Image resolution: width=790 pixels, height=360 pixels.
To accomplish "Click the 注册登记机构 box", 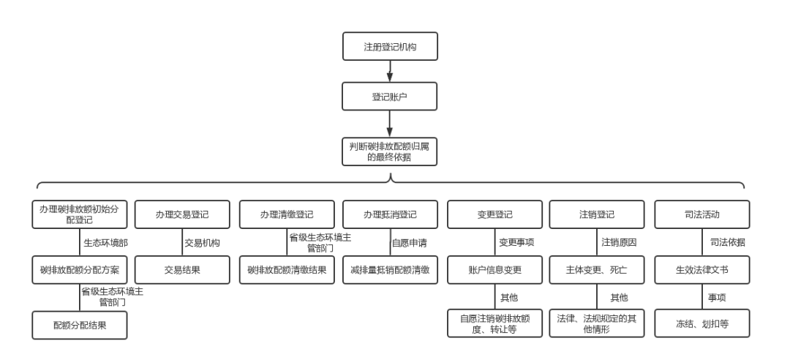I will pos(391,47).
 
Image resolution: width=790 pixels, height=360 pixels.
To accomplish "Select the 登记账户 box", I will pos(391,97).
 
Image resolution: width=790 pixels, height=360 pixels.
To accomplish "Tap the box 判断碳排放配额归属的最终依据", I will pos(391,151).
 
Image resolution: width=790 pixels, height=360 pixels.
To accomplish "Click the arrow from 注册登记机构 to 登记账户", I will pos(391,72).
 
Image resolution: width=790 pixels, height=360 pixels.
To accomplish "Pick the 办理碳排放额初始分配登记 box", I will pos(79,214).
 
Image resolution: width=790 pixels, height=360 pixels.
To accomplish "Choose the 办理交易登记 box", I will pos(182,214).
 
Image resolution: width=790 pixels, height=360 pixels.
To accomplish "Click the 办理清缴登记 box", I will pos(287,214).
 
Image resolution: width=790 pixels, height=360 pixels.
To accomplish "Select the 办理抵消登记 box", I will pos(391,214).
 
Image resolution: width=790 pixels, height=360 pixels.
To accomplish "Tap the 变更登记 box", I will pos(495,214).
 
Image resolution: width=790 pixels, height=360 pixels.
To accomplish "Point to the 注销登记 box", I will pos(597,214).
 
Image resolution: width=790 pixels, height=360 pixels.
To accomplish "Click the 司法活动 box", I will pos(702,214).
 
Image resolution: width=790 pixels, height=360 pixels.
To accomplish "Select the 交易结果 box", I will pos(182,270).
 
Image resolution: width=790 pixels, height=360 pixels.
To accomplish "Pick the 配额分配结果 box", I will pos(79,326).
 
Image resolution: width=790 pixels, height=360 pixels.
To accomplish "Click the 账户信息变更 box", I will pos(495,270).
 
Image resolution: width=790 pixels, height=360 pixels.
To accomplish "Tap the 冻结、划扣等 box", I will pos(702,323).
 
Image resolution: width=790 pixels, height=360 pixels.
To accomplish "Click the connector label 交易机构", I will pos(202,242).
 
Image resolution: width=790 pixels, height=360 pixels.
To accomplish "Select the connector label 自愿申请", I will pos(410,242).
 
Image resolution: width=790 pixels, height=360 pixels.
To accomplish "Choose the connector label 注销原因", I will pos(620,242).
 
